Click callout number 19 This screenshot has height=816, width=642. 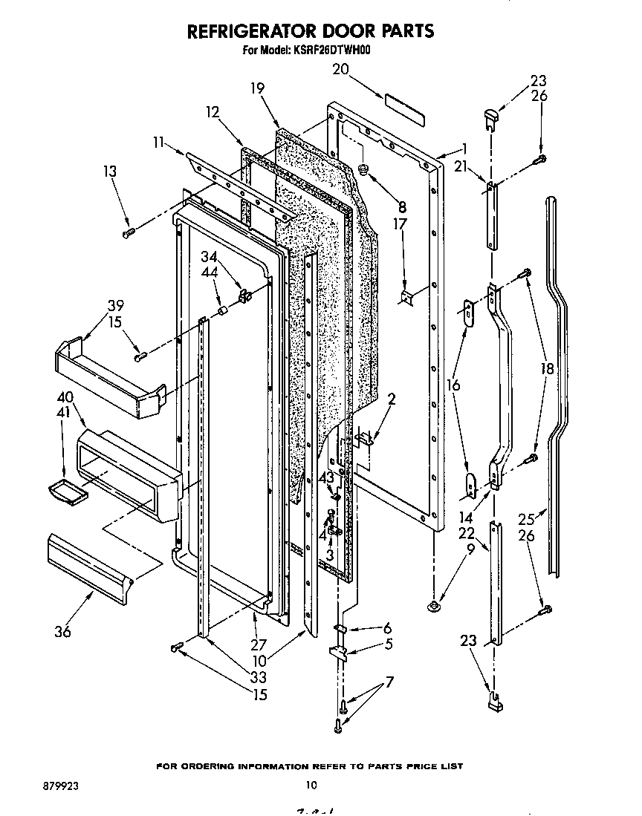click(257, 88)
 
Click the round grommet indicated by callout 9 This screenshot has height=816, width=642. click(432, 608)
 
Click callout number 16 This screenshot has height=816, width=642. click(453, 385)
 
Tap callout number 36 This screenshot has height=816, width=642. click(63, 632)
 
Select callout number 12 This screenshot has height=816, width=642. click(213, 112)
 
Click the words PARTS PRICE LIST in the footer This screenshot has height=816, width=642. click(414, 766)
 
